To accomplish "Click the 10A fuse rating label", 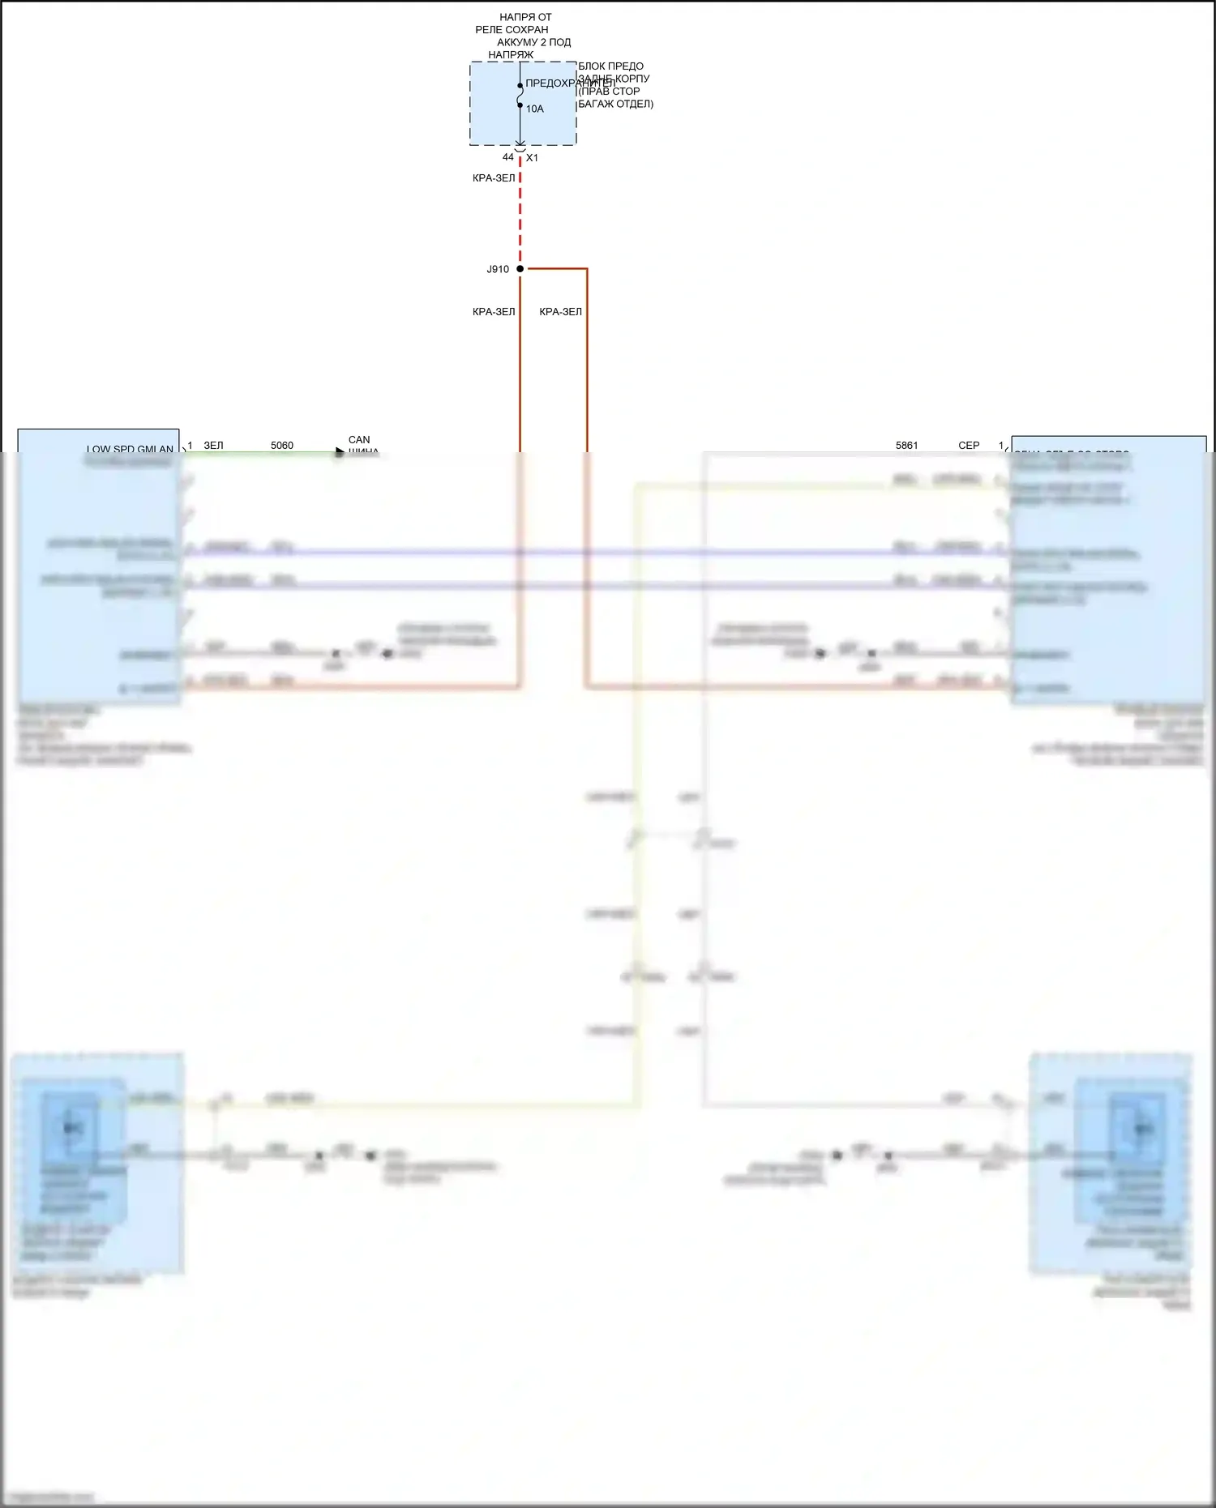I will pyautogui.click(x=535, y=109).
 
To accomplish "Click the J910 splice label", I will pyautogui.click(x=498, y=269).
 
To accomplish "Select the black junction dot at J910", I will pyautogui.click(x=520, y=269).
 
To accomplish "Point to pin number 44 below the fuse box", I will pyautogui.click(x=507, y=157).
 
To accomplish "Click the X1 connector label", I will pyautogui.click(x=532, y=158).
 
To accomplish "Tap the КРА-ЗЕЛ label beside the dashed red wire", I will pyautogui.click(x=494, y=178).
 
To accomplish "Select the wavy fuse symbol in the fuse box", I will pyautogui.click(x=520, y=95).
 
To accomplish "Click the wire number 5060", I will pyautogui.click(x=282, y=446).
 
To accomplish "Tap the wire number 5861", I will pyautogui.click(x=906, y=446).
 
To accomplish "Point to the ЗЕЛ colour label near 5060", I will pyautogui.click(x=213, y=446).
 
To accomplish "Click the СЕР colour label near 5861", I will pyautogui.click(x=969, y=446).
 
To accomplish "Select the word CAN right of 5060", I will pyautogui.click(x=359, y=440).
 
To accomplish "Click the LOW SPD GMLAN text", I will pyautogui.click(x=130, y=449).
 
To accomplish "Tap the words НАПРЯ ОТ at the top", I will pyautogui.click(x=525, y=17).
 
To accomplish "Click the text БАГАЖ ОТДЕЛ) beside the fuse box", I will pyautogui.click(x=615, y=104).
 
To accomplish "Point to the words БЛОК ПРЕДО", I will pyautogui.click(x=610, y=66).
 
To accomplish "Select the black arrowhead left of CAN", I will pyautogui.click(x=340, y=452).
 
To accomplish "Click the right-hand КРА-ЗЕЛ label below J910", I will pyautogui.click(x=560, y=312).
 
